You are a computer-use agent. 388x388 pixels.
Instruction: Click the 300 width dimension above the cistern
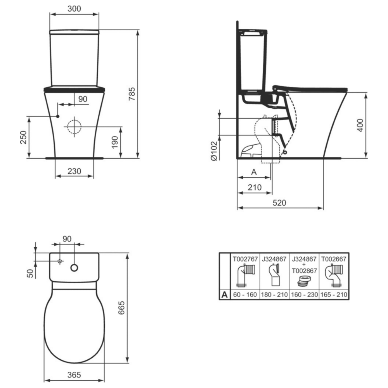click(x=74, y=9)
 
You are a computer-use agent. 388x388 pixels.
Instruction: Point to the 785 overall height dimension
click(x=132, y=94)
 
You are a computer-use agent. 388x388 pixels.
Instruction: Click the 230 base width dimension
click(x=74, y=171)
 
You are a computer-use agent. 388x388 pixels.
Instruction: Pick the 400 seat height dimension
click(x=360, y=125)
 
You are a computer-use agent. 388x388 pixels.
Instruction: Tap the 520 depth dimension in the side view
click(x=279, y=203)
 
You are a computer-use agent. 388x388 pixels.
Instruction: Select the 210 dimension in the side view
click(x=255, y=187)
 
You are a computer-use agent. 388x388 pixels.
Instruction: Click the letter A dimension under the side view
click(x=254, y=172)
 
